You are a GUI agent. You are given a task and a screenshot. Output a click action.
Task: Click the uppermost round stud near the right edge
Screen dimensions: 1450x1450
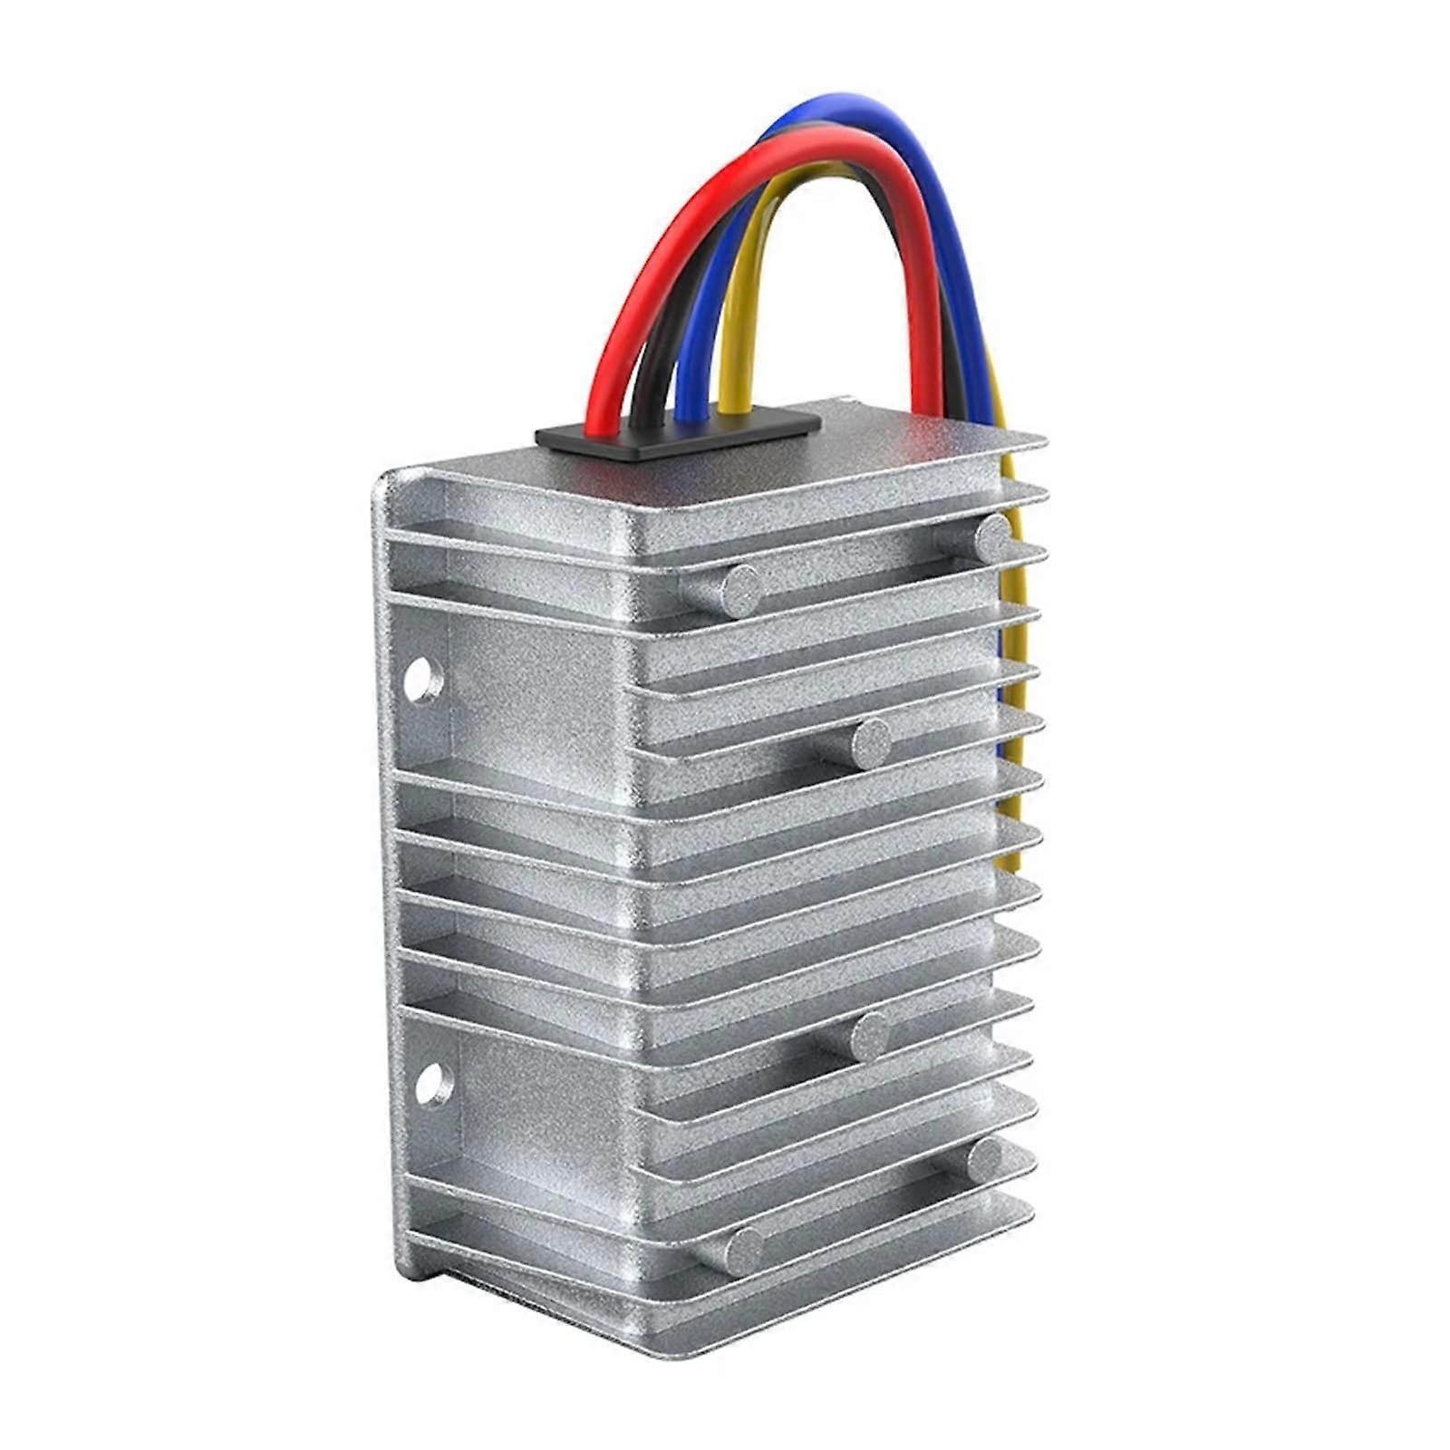(x=993, y=536)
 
